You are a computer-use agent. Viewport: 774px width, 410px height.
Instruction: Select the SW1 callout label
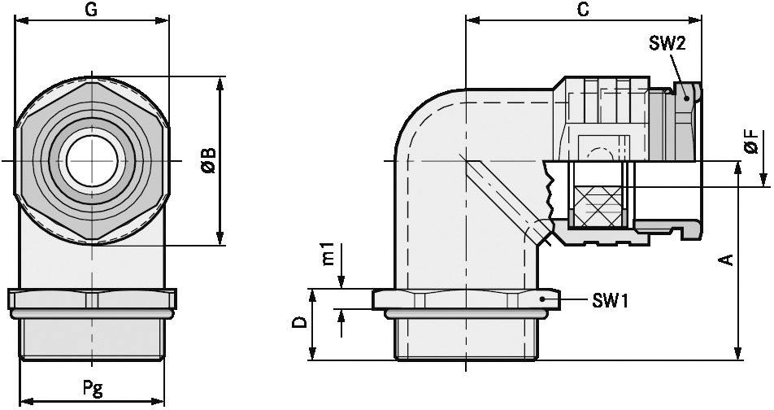coord(611,302)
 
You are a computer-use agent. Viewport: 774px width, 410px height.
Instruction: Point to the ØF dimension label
coord(752,142)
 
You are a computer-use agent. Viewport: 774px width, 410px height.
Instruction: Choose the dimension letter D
coord(300,324)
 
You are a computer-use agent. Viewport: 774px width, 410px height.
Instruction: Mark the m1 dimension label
coord(327,253)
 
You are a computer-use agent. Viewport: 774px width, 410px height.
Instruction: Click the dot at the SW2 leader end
coord(688,98)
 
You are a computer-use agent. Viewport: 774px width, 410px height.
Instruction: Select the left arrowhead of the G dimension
coord(21,23)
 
